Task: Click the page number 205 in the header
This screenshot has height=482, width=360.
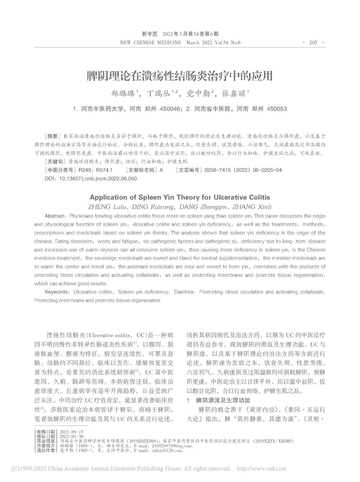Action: (313, 43)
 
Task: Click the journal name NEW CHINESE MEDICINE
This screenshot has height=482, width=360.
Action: (150, 43)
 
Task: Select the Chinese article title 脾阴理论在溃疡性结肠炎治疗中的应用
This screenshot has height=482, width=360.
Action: (180, 76)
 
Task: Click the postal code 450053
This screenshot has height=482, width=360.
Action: (277, 109)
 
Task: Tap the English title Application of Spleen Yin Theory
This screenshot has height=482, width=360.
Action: (180, 197)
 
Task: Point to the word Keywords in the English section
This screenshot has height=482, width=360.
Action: (56, 292)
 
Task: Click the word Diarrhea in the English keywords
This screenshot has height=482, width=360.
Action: (185, 292)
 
